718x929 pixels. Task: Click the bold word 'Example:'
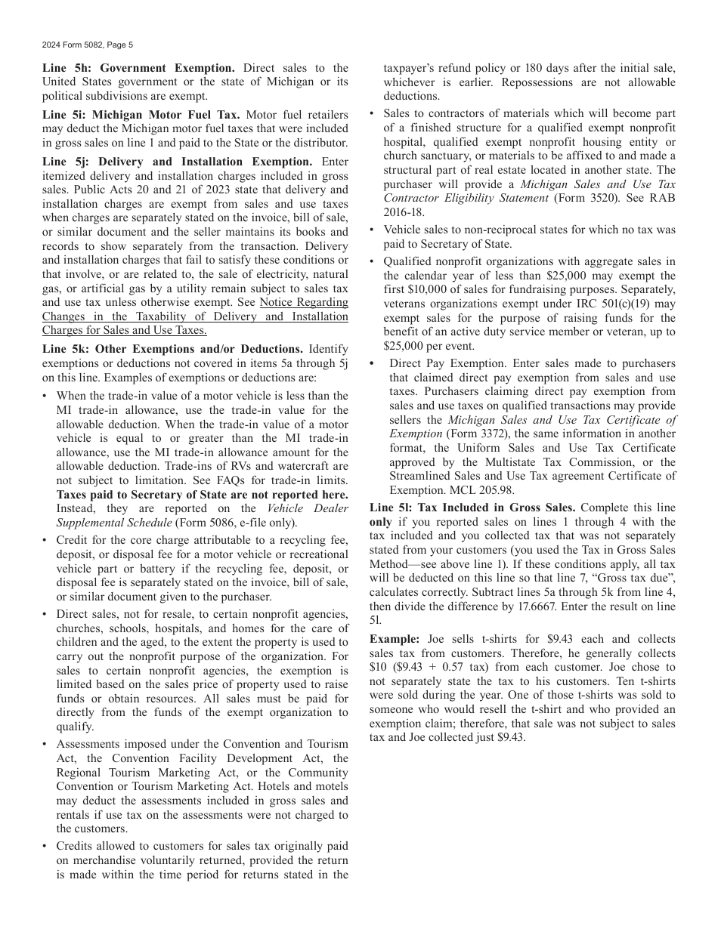395,639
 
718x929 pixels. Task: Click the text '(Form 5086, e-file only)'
237,523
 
